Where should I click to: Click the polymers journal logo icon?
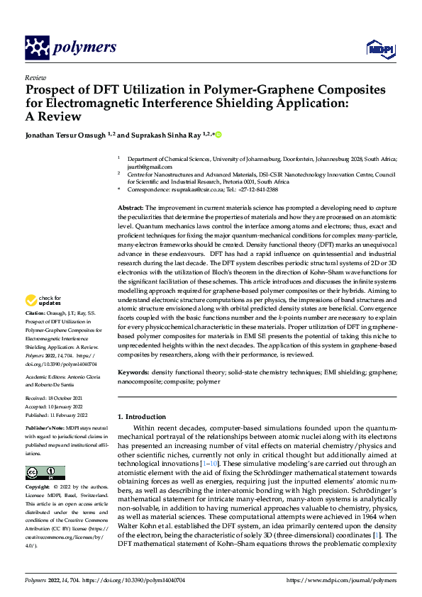pyautogui.click(x=36, y=48)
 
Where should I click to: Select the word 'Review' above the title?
pyautogui.click(x=35, y=78)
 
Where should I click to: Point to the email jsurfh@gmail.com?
pyautogui.click(x=144, y=167)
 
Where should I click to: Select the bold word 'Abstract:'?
pyautogui.click(x=131, y=206)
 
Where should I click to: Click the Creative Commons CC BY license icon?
pyautogui.click(x=45, y=473)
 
